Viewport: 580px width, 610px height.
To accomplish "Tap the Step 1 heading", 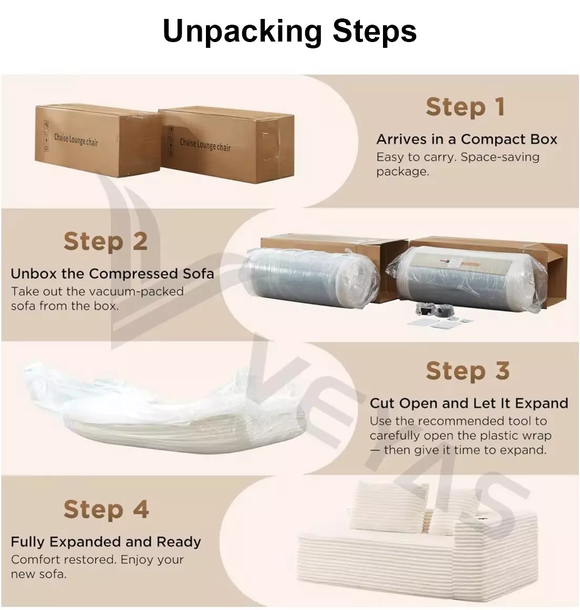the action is (465, 107).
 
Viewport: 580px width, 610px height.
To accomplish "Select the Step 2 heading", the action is (106, 241).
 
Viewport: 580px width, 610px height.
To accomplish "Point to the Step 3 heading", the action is (468, 371).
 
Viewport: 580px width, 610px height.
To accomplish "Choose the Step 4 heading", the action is (106, 509).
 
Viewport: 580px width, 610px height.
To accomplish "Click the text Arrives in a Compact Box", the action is (467, 139).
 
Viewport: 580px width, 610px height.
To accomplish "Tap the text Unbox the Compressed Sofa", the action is (112, 273).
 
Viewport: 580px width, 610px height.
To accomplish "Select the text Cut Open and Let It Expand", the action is (469, 403).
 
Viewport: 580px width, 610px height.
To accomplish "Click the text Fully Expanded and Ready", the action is (106, 542).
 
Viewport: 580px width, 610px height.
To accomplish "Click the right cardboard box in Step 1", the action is (226, 146).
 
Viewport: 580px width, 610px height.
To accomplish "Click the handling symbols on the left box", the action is (46, 136).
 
